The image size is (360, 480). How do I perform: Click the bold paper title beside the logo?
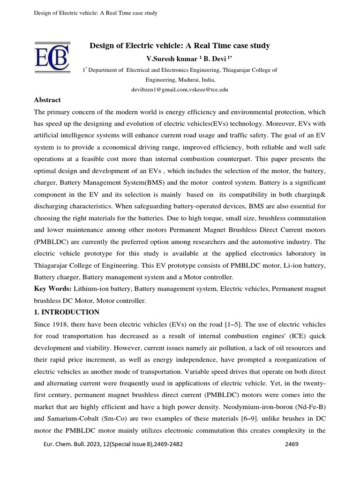[x=180, y=45]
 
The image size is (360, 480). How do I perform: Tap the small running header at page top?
[x=96, y=13]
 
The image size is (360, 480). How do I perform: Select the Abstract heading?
[x=47, y=100]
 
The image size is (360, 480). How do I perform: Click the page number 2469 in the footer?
[x=292, y=444]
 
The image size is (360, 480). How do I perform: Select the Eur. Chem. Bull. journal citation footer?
[x=112, y=444]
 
